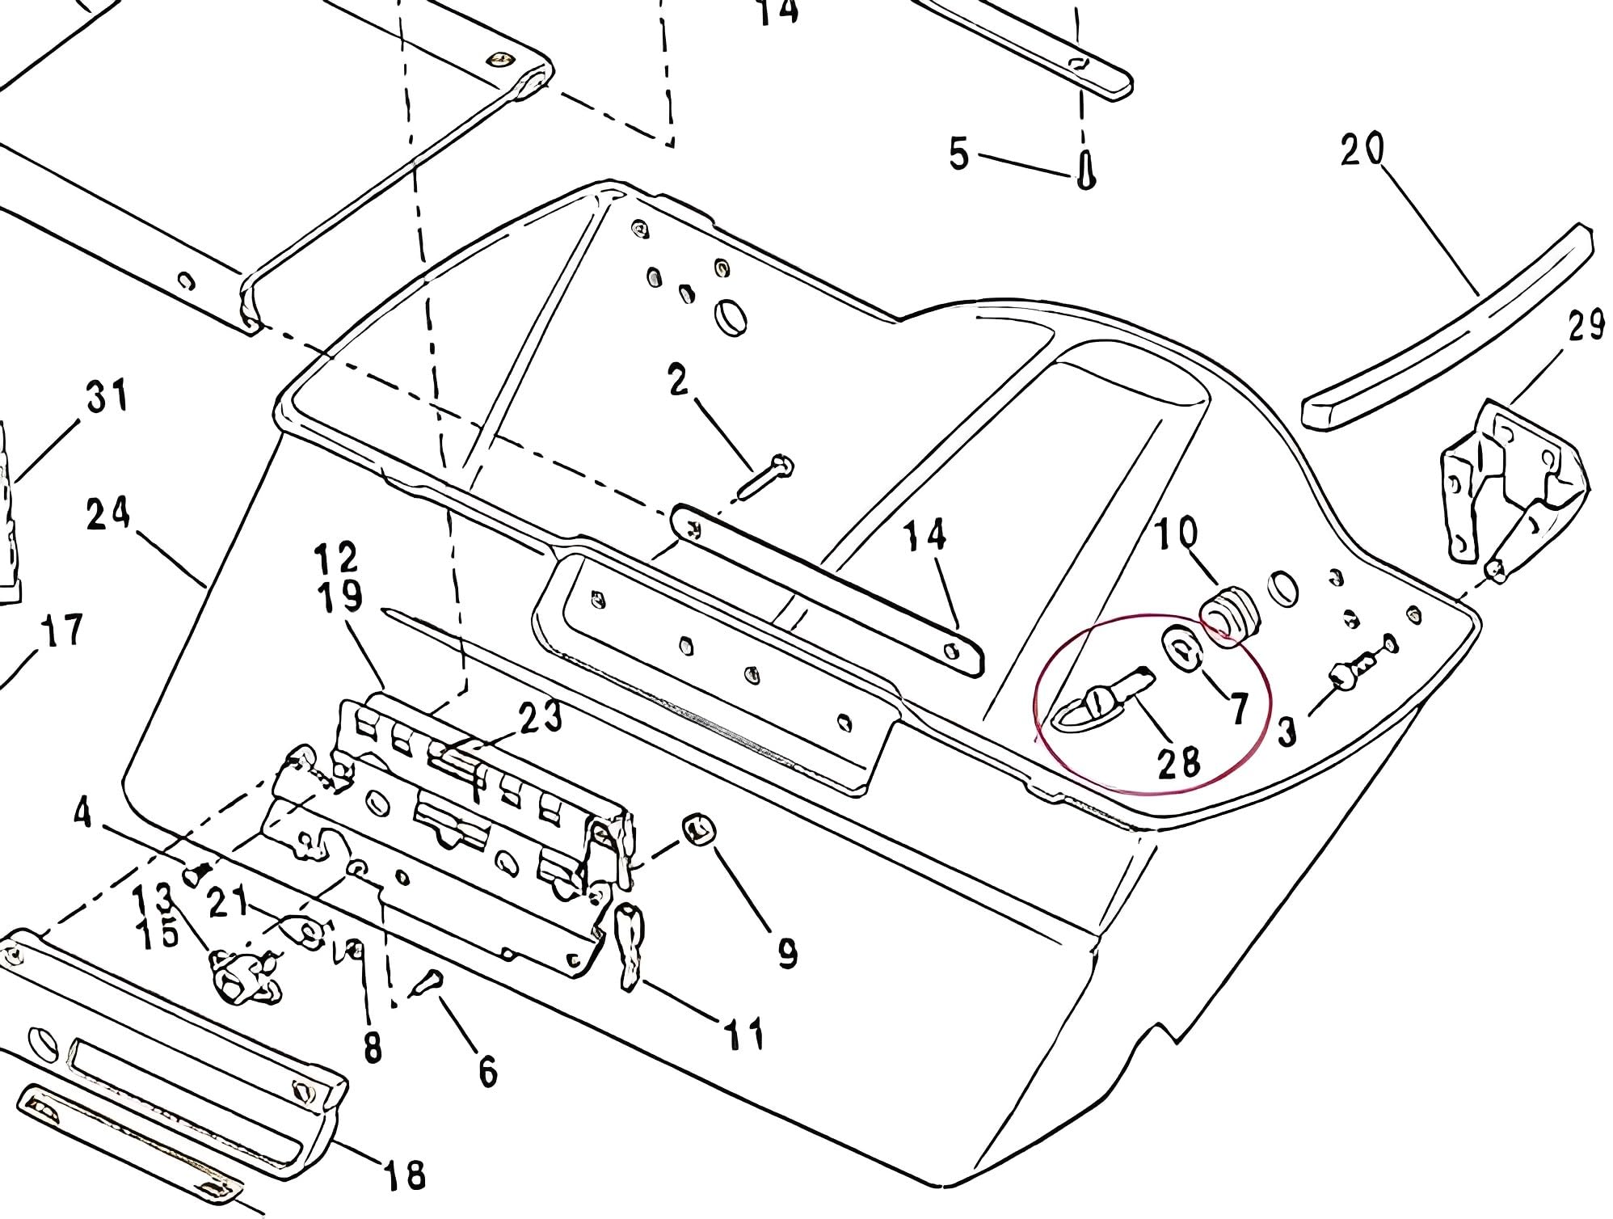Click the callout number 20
point(1362,150)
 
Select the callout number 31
point(107,397)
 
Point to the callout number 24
point(108,514)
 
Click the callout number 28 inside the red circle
point(1179,762)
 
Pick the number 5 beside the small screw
point(958,154)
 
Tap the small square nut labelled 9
point(700,829)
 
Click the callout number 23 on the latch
point(541,717)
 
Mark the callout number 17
point(63,631)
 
